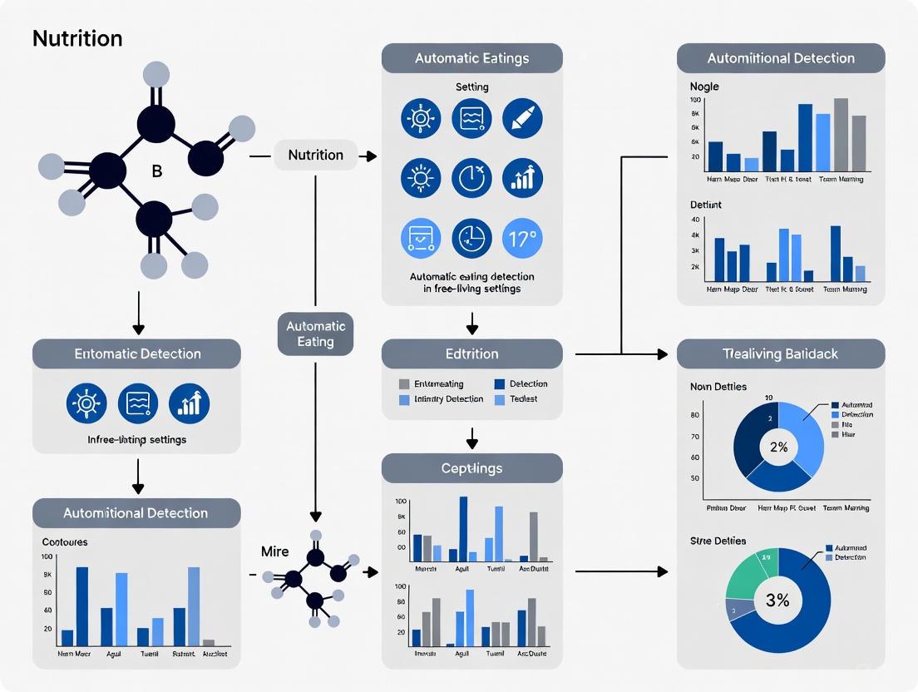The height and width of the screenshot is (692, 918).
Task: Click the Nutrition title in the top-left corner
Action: click(77, 38)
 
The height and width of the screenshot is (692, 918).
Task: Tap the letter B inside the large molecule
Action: click(157, 171)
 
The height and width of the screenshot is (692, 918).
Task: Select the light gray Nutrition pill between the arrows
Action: click(315, 155)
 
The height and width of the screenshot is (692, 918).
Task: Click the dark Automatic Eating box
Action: click(315, 334)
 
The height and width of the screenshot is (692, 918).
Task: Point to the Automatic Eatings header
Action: click(471, 59)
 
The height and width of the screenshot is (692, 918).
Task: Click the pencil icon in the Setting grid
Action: click(522, 118)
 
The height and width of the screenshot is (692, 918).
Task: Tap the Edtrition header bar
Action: click(471, 353)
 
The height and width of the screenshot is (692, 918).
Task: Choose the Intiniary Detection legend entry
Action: click(441, 399)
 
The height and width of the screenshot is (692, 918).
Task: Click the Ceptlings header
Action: click(471, 468)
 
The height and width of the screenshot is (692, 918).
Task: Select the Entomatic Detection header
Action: click(136, 353)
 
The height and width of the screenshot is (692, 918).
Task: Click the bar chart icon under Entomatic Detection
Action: click(189, 403)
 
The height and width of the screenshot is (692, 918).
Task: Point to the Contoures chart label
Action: click(65, 541)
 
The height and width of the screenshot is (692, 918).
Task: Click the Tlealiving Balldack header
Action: click(781, 353)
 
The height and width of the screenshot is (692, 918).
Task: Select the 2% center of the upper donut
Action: click(778, 447)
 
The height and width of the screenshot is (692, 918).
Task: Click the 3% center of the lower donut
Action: click(777, 600)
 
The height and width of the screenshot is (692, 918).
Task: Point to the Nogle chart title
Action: click(704, 86)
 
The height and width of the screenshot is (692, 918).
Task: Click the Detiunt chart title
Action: click(706, 205)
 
